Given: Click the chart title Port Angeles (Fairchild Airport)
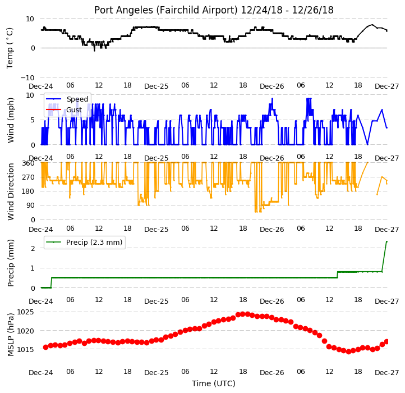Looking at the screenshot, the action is coord(165,10).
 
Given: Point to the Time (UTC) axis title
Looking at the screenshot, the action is coord(214,383).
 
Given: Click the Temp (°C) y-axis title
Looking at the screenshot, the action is coord(10,48).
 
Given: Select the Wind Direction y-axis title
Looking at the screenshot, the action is coord(10,191).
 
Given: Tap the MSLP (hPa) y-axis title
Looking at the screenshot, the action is coord(10,335).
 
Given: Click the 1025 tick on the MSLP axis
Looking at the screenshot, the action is coord(25,312).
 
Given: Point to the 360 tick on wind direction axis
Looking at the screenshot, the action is coord(28,163).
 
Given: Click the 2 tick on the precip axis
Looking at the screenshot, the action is coord(33,248).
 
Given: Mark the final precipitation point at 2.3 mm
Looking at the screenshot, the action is coord(386,242).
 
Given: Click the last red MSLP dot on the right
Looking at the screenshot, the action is coord(386,341).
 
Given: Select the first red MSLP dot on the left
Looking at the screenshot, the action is coord(45,347).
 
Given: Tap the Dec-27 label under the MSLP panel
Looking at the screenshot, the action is coord(386,373).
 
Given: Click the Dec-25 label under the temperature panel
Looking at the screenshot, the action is coord(157,86).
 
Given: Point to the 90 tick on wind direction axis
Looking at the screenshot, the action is coord(30,205).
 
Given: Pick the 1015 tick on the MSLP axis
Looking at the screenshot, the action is coord(25,350).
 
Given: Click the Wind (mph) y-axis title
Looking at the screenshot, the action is coord(10,120).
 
